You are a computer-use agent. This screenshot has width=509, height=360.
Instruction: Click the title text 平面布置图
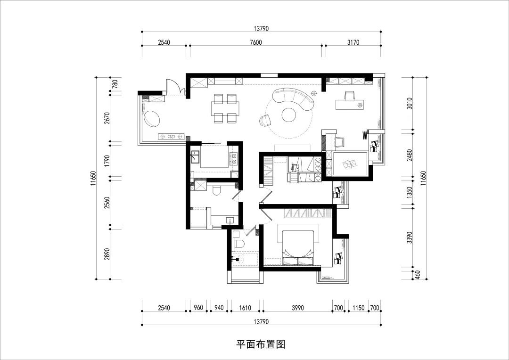[261, 344]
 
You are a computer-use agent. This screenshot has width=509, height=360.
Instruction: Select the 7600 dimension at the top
[255, 42]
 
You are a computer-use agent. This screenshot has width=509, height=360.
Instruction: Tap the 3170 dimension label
[353, 42]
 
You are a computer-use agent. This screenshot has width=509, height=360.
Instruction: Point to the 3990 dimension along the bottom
[297, 308]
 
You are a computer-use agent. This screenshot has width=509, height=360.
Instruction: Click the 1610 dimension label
[245, 308]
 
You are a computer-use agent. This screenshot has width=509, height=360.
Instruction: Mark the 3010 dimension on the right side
[409, 103]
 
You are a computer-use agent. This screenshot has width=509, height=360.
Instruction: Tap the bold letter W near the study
[365, 136]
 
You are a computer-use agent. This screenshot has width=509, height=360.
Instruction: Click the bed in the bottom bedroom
[298, 245]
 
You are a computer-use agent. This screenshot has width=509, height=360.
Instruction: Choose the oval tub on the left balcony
[152, 118]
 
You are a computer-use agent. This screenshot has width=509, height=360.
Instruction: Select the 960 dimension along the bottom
[198, 308]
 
